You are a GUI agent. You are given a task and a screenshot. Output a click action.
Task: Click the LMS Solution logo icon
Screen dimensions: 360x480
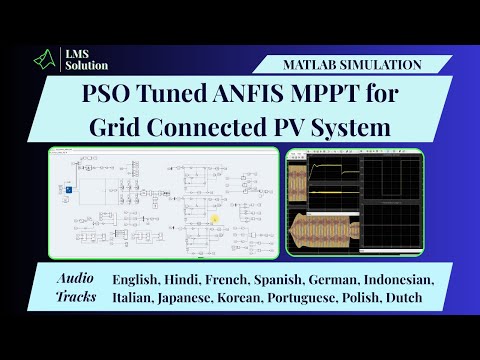43,62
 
